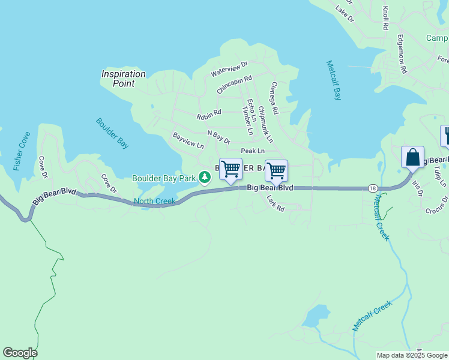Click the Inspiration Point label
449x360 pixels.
pyautogui.click(x=123, y=79)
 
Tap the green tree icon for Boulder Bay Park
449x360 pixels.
pyautogui.click(x=205, y=177)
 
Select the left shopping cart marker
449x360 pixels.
pyautogui.click(x=231, y=170)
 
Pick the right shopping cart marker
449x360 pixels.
pyautogui.click(x=276, y=171)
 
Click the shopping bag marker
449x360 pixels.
pyautogui.click(x=412, y=158)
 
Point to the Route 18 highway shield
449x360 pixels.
pyautogui.click(x=373, y=188)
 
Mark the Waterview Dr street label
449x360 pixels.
pyautogui.click(x=229, y=68)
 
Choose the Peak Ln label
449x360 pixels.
pyautogui.click(x=253, y=151)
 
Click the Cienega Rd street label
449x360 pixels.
pyautogui.click(x=274, y=98)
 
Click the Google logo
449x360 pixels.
pyautogui.click(x=20, y=353)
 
